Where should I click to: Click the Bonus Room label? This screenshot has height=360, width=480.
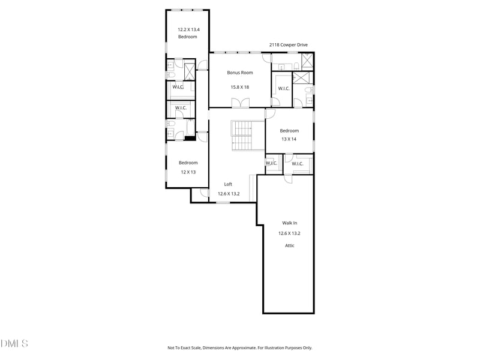[240, 73]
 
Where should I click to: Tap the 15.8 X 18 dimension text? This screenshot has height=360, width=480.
[239, 87]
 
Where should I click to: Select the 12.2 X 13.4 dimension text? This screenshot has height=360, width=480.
[188, 29]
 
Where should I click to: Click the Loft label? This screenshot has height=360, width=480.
[228, 184]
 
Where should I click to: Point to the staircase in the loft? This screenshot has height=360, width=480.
[247, 136]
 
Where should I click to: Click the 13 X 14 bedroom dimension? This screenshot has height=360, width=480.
[289, 139]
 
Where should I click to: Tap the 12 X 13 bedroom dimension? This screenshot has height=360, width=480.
[188, 172]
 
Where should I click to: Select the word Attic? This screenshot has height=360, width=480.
[290, 245]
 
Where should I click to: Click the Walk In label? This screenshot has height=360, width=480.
[290, 223]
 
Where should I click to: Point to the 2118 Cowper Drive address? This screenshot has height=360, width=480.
[289, 44]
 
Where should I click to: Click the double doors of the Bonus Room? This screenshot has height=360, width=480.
[241, 103]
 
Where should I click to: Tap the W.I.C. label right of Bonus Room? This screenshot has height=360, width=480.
[284, 88]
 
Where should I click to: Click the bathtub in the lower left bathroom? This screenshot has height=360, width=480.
[190, 128]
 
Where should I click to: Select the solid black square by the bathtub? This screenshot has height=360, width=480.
[190, 139]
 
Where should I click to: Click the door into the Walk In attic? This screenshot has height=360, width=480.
[288, 179]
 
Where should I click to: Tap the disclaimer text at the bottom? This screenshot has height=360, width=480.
[239, 348]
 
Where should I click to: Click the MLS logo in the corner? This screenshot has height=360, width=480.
[14, 343]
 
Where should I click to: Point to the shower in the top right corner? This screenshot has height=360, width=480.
[307, 62]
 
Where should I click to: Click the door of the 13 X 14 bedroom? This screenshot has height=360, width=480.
[271, 113]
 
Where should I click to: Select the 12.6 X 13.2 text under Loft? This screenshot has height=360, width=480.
[229, 194]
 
